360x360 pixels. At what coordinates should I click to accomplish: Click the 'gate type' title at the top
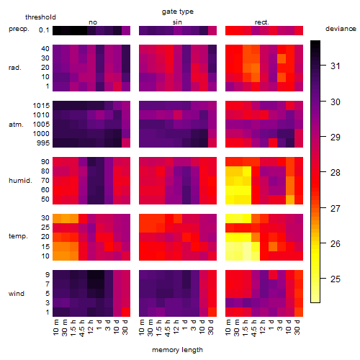pos(178,12)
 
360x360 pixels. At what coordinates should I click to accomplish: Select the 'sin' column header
pos(177,22)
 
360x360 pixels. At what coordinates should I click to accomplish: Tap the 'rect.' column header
pos(261,22)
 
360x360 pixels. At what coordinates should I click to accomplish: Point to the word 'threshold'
pos(40,17)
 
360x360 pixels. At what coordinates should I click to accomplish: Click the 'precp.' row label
pos(19,29)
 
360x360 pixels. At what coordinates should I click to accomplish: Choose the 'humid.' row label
pos(20,180)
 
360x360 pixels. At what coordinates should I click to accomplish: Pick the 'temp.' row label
pos(18,236)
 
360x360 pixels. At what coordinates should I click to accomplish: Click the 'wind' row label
pos(17,294)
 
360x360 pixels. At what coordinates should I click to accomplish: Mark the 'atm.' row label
pos(16,125)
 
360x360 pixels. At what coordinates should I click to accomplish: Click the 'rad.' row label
pos(15,68)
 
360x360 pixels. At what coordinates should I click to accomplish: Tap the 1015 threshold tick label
pos(41,106)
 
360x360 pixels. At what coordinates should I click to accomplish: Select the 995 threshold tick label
pos(43,143)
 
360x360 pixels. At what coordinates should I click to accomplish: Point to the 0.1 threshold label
pos(44,30)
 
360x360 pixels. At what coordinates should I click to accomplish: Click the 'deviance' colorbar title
pos(341,29)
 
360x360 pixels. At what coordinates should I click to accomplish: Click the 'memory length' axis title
pos(177,350)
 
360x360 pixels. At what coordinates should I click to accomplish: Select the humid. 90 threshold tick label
pos(45,162)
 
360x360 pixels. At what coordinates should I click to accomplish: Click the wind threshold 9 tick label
pos(48,275)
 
